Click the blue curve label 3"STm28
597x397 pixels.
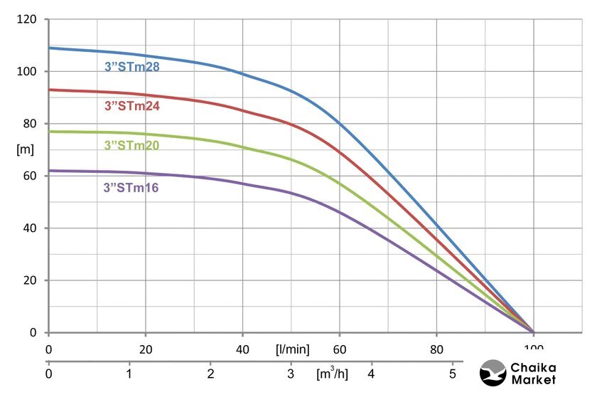(132, 68)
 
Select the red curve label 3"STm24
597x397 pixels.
(132, 107)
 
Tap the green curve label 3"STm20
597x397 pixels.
(132, 146)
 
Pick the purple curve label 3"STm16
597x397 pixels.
(131, 188)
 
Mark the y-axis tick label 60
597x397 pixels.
(29, 176)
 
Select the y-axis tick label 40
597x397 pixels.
(29, 228)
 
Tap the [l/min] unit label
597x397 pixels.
(292, 349)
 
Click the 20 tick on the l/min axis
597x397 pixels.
(146, 349)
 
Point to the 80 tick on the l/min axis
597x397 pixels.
(437, 349)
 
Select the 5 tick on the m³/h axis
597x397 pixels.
(452, 373)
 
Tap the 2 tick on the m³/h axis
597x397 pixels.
(210, 373)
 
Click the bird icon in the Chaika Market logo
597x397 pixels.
(493, 372)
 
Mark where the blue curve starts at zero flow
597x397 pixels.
(49, 48)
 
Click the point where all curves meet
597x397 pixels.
(533, 332)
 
